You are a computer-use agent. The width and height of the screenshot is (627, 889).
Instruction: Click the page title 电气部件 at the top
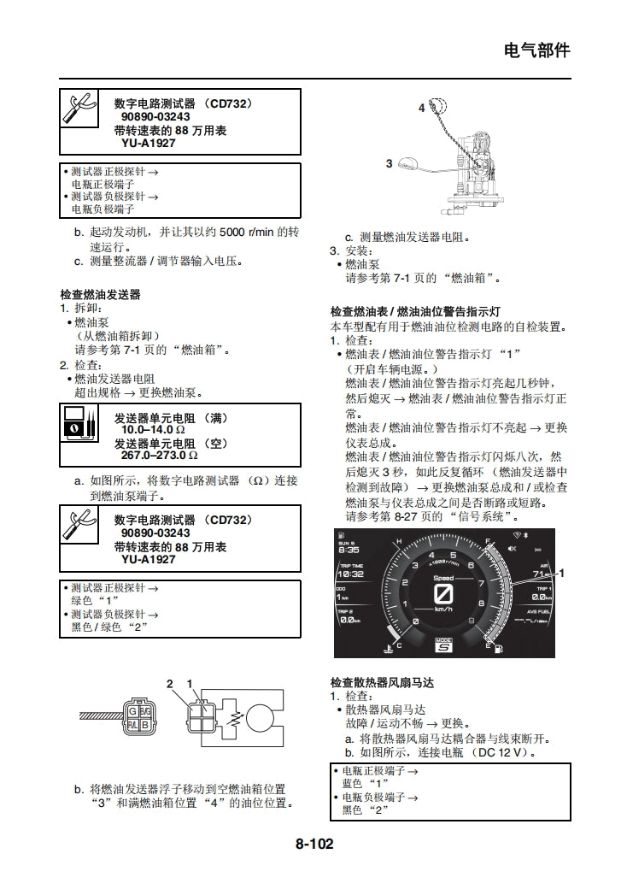(x=536, y=50)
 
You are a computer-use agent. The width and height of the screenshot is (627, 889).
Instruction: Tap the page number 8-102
(x=314, y=844)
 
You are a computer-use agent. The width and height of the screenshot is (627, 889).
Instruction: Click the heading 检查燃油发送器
(x=100, y=294)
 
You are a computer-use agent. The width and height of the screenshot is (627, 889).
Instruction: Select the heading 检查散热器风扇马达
(x=382, y=682)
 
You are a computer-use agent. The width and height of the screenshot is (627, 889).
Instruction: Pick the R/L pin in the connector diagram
(x=132, y=725)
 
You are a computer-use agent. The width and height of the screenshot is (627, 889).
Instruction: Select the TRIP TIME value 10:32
(x=350, y=575)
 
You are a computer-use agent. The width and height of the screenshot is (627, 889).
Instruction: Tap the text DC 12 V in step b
(x=502, y=752)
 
